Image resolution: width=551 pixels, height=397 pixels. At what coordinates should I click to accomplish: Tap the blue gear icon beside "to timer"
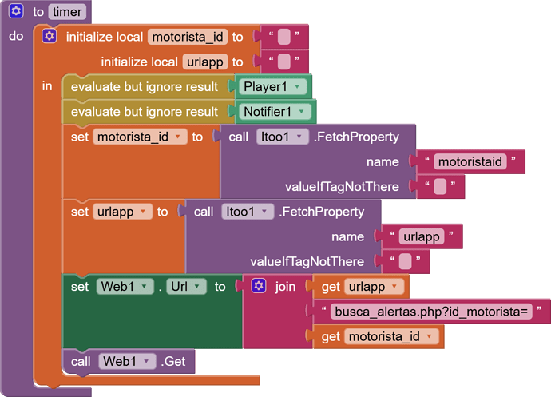click(16, 13)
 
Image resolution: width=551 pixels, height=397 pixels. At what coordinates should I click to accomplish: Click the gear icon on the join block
click(258, 286)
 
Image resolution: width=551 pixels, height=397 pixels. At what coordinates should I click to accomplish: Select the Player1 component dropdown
click(271, 86)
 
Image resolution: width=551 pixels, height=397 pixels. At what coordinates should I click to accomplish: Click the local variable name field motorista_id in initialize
click(187, 37)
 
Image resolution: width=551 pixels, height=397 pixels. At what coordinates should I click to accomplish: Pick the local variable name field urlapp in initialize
click(204, 62)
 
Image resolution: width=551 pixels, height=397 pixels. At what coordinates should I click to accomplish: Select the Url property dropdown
click(187, 286)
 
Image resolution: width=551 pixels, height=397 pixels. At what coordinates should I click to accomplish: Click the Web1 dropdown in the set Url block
click(125, 286)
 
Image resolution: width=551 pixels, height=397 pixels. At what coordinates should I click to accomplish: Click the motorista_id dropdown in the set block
click(141, 137)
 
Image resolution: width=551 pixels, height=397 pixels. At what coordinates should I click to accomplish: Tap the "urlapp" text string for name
click(421, 236)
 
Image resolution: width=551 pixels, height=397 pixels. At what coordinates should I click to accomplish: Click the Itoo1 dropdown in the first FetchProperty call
click(281, 137)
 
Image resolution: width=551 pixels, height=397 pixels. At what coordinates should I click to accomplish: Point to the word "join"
click(285, 286)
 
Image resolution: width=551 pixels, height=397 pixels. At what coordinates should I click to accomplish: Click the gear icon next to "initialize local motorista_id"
click(50, 37)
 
